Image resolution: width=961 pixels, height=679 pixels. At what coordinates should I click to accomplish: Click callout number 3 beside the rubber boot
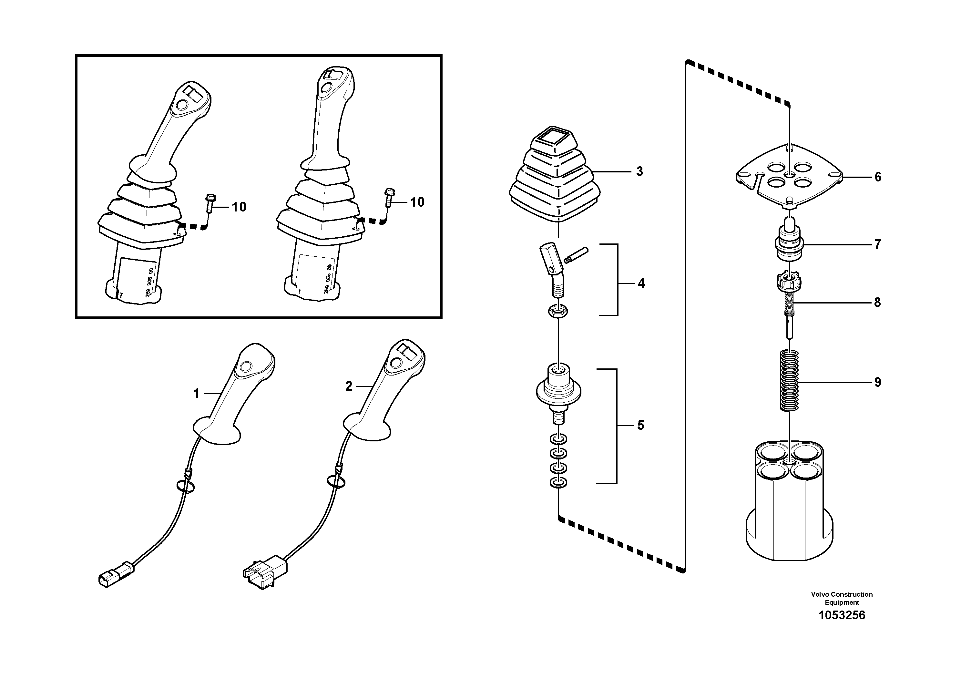(639, 172)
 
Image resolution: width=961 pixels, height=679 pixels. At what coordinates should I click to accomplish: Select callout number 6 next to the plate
(878, 177)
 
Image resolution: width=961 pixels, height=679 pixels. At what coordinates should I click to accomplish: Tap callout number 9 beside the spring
(878, 382)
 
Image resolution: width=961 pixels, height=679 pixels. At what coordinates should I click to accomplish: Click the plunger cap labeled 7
(789, 244)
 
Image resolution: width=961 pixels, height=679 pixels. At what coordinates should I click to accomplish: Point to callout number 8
(877, 303)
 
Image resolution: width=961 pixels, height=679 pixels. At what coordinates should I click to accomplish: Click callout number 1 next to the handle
(196, 394)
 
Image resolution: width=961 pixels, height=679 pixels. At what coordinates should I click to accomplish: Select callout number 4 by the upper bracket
(641, 283)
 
